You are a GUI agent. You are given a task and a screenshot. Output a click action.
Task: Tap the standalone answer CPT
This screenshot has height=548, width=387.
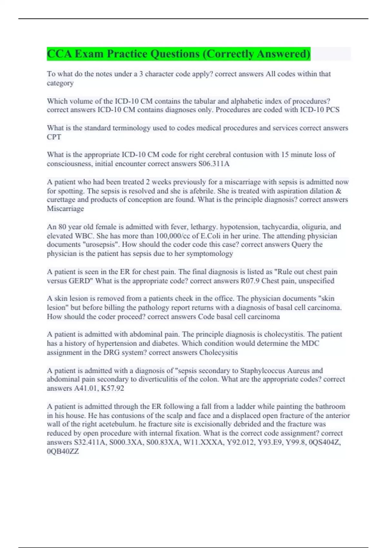(54, 137)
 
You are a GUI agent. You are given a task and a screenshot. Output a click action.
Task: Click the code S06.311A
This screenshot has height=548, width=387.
(214, 164)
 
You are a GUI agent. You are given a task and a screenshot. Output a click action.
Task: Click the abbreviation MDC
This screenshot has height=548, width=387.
(310, 343)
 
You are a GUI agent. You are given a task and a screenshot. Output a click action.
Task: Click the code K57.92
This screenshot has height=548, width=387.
(113, 388)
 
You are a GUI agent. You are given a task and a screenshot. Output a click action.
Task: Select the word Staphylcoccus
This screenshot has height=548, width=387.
(265, 371)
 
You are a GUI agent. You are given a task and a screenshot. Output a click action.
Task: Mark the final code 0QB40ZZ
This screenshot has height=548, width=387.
(63, 451)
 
